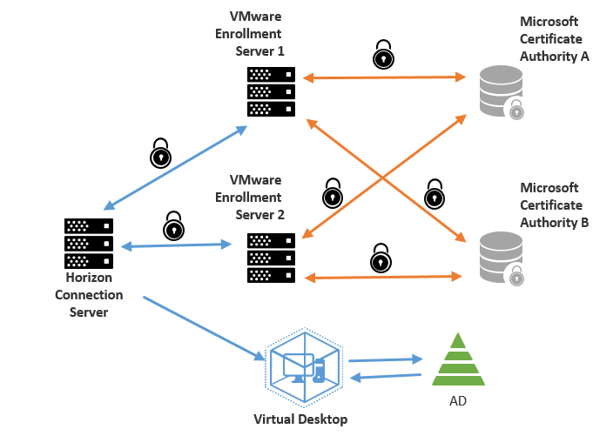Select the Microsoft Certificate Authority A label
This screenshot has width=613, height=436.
coord(555,38)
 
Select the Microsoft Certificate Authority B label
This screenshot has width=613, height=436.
coord(555,205)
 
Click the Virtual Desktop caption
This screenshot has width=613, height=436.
coord(300,419)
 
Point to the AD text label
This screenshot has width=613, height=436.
coord(458,403)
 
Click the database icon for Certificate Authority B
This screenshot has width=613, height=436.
coord(502,256)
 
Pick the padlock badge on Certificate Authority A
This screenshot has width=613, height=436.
coord(517,109)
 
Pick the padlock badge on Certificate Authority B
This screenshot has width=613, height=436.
coord(517,276)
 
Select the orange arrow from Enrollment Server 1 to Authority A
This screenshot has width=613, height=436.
coord(385,78)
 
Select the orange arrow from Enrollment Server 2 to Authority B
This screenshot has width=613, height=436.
coord(383,278)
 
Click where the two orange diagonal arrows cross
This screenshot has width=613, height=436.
coord(384,178)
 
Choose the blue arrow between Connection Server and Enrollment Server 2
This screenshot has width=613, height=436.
coord(176,246)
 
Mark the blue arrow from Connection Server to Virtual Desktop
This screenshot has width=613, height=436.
coord(204,328)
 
